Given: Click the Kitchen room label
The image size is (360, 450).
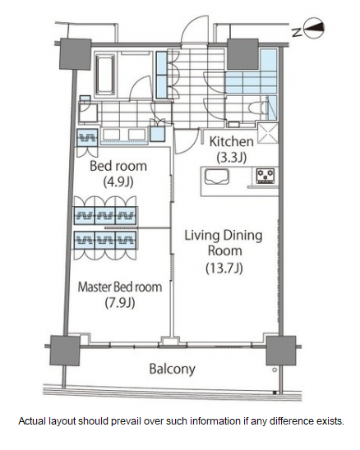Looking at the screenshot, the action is tap(231, 141).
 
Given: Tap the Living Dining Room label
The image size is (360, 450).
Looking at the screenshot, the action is tap(224, 243).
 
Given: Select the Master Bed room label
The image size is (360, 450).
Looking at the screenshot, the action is tap(120, 287).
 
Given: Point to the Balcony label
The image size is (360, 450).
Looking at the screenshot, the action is tap(172, 369).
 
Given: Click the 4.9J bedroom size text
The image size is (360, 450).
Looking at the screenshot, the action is tap(118, 182).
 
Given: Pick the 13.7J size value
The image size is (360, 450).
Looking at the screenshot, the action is tap(224, 269).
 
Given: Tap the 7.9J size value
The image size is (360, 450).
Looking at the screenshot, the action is tap(120, 303).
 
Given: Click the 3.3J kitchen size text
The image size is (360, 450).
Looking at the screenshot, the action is tap(232, 157).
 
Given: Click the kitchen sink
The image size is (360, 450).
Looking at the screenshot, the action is tap(217, 177).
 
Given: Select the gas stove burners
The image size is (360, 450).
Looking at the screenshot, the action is tap(265, 176).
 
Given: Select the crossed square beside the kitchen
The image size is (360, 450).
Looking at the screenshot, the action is tap(268, 132).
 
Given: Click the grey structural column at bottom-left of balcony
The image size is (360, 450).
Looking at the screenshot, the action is tap(65, 350).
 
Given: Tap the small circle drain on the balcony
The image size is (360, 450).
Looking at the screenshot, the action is tap(275, 370).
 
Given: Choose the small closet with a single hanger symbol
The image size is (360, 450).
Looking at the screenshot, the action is tap(87, 138).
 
